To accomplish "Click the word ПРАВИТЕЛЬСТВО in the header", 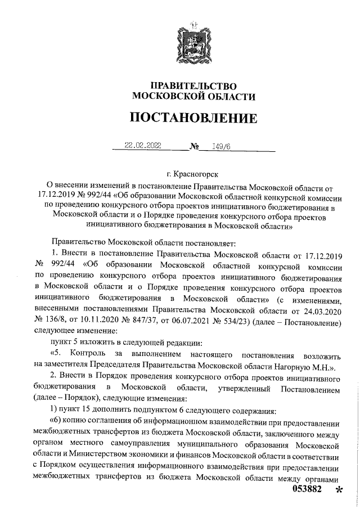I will (x=193, y=85).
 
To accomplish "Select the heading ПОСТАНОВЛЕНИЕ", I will (x=193, y=118).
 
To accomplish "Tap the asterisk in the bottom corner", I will (x=339, y=490).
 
